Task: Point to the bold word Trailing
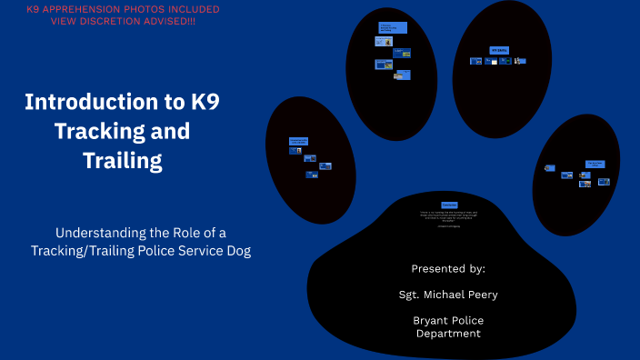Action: point(122,161)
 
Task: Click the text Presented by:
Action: point(448,269)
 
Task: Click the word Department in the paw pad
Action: point(448,334)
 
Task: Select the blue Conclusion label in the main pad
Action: point(449,205)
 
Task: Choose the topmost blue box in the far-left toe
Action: point(298,141)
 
